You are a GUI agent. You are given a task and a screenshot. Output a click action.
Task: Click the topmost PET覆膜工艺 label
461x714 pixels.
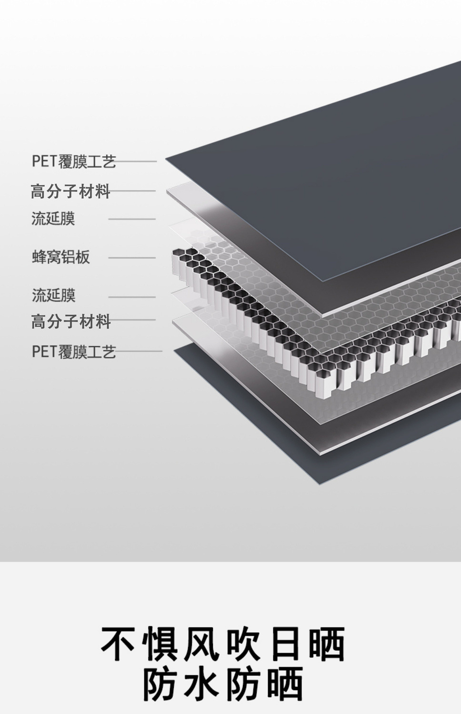pyautogui.click(x=74, y=161)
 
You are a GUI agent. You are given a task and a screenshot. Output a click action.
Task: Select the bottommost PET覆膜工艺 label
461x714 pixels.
pyautogui.click(x=74, y=352)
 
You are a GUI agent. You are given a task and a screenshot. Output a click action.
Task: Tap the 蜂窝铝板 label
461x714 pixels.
pyautogui.click(x=61, y=257)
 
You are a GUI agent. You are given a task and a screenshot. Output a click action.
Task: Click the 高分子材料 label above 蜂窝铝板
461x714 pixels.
pyautogui.click(x=70, y=191)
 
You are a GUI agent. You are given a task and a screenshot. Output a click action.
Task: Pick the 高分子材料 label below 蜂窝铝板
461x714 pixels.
pyautogui.click(x=71, y=322)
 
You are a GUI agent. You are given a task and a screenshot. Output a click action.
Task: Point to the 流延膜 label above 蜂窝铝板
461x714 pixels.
pyautogui.click(x=53, y=219)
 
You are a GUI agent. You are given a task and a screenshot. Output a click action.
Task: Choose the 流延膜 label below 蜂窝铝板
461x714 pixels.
pyautogui.click(x=54, y=295)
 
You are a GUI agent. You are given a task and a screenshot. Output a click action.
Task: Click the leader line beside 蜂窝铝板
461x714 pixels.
pyautogui.click(x=132, y=258)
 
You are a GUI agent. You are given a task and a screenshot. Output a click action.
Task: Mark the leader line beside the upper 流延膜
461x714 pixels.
pyautogui.click(x=132, y=219)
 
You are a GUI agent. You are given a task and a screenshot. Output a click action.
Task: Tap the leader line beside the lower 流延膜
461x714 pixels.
pyautogui.click(x=132, y=297)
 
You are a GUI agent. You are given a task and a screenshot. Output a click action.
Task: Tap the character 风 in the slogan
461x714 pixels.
pyautogui.click(x=202, y=644)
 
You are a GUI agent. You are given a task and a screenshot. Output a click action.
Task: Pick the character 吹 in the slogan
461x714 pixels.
pyautogui.click(x=243, y=644)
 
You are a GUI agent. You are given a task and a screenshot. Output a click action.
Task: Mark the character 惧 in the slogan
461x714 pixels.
pyautogui.click(x=160, y=644)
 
